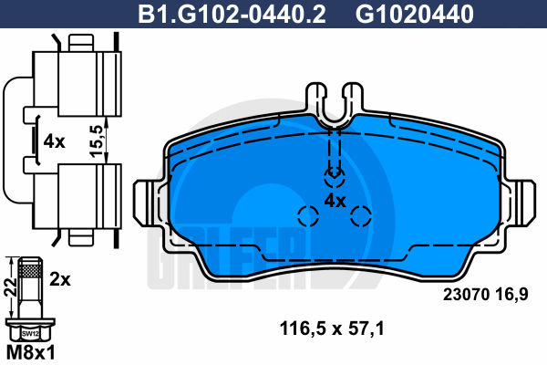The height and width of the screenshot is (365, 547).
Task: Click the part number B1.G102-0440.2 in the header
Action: [232, 14]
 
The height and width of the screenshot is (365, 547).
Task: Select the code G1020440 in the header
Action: [415, 14]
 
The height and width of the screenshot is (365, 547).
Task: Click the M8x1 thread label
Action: [31, 352]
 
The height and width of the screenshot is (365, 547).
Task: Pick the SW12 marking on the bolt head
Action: [30, 334]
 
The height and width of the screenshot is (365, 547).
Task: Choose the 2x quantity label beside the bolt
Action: [60, 279]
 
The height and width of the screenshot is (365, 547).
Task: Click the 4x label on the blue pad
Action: [335, 201]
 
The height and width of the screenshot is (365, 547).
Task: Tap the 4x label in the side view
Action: [54, 141]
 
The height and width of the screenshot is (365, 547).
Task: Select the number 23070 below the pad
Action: [467, 295]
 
